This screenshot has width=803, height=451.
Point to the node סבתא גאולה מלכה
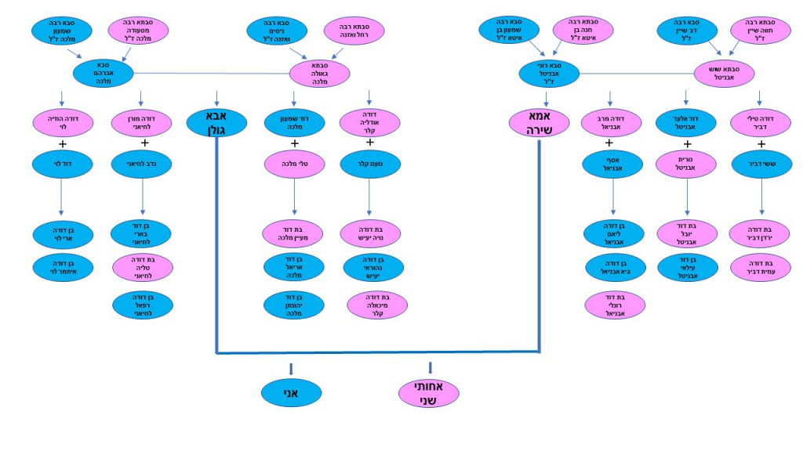click(319, 74)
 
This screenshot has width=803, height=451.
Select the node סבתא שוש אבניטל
click(725, 73)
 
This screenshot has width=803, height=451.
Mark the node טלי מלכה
click(294, 164)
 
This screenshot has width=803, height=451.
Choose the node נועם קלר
click(370, 164)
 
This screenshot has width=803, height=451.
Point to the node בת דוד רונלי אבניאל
click(612, 305)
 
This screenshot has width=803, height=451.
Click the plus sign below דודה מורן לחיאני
click(144, 143)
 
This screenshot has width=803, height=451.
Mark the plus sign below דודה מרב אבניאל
click(610, 143)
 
